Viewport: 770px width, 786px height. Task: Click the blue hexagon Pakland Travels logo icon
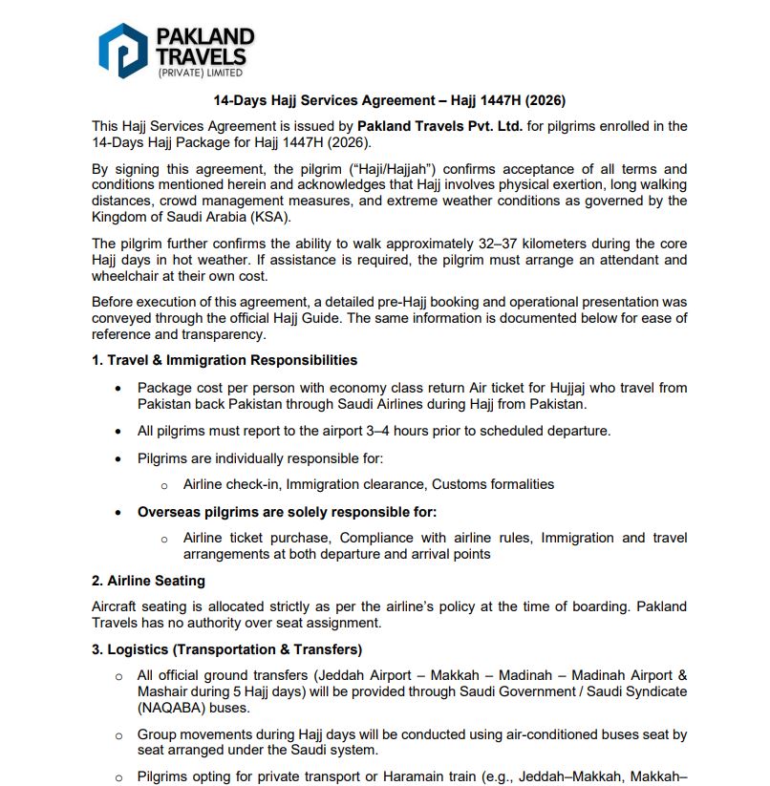122,51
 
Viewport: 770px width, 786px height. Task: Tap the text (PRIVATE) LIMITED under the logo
200,73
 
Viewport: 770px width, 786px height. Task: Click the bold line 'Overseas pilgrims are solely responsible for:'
288,512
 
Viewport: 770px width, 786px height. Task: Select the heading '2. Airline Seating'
148,581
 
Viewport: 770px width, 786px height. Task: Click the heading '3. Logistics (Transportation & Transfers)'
226,650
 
